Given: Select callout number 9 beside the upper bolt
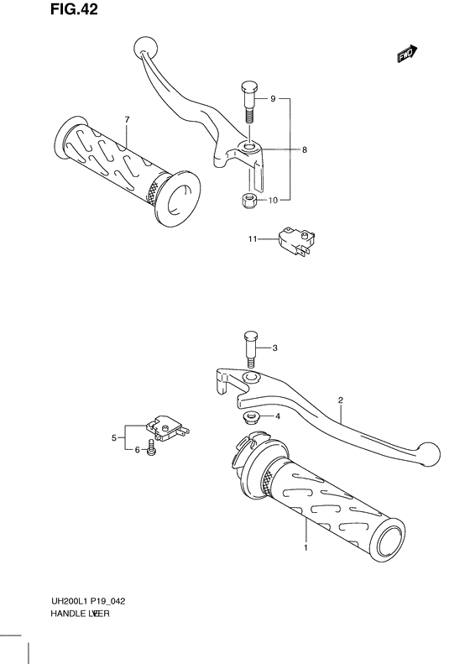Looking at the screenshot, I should click(273, 100).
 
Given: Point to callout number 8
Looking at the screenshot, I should click(305, 150).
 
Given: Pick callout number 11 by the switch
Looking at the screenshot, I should click(251, 240).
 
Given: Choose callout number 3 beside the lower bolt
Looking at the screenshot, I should click(274, 348).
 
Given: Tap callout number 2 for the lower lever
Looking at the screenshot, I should click(341, 400).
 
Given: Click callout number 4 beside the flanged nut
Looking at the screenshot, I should click(277, 416).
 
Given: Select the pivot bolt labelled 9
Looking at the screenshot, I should click(249, 101).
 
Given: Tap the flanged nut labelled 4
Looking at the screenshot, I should click(250, 416).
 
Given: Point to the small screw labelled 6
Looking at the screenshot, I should click(152, 448).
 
